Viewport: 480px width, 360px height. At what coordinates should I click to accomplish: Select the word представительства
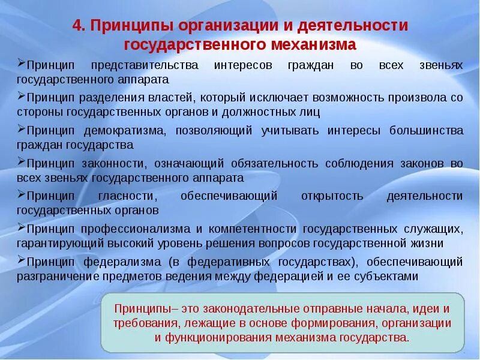(x=144, y=65)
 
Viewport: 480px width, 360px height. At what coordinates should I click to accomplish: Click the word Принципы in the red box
(x=139, y=309)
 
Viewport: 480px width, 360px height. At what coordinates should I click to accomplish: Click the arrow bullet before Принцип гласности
(x=22, y=194)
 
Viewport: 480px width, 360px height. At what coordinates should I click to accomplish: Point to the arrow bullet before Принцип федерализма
(x=22, y=260)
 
